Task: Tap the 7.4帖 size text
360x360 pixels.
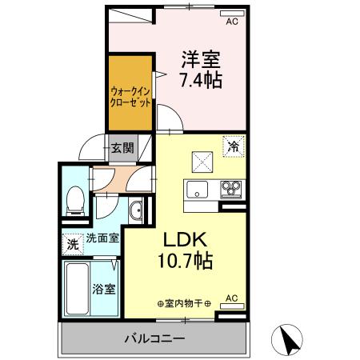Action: coord(201,80)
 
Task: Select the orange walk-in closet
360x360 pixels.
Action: coord(131,91)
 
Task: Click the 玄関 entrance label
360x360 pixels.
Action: coord(122,147)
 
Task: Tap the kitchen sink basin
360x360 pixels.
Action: coord(198,190)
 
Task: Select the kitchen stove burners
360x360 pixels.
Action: coord(232,190)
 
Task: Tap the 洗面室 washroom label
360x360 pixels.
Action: coord(102,238)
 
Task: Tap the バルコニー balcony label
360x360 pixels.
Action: coord(154,338)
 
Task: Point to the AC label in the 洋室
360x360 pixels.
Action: coord(233,22)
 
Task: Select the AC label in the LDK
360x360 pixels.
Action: coord(232,298)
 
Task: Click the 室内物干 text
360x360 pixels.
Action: coord(185,304)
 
